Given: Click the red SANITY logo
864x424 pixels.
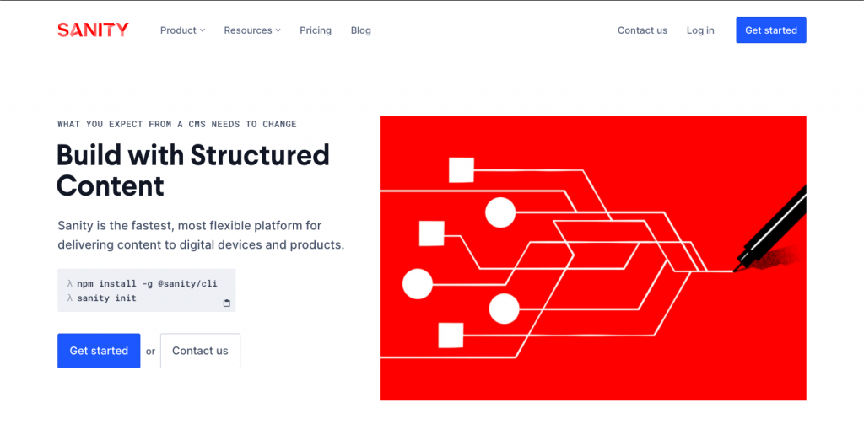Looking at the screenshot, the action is pyautogui.click(x=93, y=30).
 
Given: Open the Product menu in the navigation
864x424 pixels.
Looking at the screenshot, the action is pyautogui.click(x=182, y=30).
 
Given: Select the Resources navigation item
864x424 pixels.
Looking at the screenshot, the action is pyautogui.click(x=252, y=30).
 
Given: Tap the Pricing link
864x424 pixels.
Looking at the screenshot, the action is pyautogui.click(x=316, y=30).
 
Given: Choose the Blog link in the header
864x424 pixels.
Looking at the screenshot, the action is pyautogui.click(x=361, y=30).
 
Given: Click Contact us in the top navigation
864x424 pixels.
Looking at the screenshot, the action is pyautogui.click(x=642, y=30).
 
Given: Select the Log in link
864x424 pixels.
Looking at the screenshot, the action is pyautogui.click(x=700, y=30).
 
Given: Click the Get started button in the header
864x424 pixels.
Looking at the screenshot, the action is pyautogui.click(x=771, y=30).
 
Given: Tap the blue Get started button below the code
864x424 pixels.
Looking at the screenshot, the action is pyautogui.click(x=99, y=351).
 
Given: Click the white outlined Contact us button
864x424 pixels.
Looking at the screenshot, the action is pyautogui.click(x=200, y=351).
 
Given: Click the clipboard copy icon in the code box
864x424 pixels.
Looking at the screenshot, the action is pyautogui.click(x=226, y=303).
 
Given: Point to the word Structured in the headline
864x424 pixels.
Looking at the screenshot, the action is pyautogui.click(x=260, y=155).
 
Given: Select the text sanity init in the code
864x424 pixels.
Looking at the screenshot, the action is pyautogui.click(x=106, y=298).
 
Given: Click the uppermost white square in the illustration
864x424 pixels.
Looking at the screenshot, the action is pyautogui.click(x=462, y=169).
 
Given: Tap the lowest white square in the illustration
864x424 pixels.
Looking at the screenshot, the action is pyautogui.click(x=451, y=335).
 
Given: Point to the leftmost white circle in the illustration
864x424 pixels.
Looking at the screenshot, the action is pyautogui.click(x=418, y=284).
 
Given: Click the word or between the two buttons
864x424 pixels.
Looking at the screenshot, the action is pyautogui.click(x=150, y=352).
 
